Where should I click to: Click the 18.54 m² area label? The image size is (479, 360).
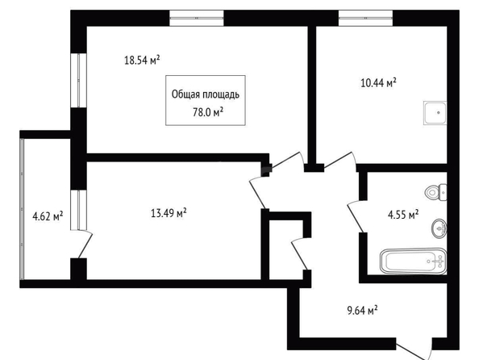click(x=142, y=60)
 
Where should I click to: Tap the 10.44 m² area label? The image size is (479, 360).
click(x=378, y=82)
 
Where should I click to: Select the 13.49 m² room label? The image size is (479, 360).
click(x=169, y=212)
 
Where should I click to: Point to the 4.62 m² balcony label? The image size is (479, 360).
click(x=48, y=216)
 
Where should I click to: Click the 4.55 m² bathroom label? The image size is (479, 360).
click(x=403, y=215)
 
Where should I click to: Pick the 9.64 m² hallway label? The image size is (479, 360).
click(x=362, y=310)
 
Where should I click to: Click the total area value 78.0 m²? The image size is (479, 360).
click(x=208, y=112)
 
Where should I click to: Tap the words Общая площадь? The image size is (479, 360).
click(x=206, y=94)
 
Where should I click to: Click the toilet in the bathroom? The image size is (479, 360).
click(x=436, y=192)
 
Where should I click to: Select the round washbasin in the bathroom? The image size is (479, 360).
click(x=439, y=228)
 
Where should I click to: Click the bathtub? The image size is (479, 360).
click(x=414, y=261)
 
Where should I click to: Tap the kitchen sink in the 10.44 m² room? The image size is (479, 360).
click(x=435, y=113)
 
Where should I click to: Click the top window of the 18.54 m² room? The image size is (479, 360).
click(x=197, y=18)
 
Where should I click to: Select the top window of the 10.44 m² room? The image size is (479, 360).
click(x=365, y=18)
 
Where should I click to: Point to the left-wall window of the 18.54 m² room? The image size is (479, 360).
click(x=78, y=81)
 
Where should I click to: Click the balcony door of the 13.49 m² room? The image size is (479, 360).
click(x=85, y=245)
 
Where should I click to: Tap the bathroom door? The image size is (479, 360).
click(x=356, y=217)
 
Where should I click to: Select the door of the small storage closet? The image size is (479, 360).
click(x=300, y=254)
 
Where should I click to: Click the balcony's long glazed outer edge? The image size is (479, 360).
click(x=22, y=209)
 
